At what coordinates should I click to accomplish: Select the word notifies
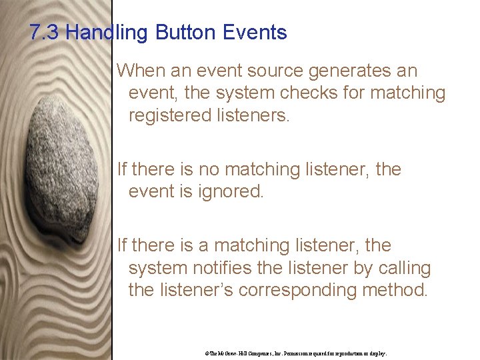pos(221,268)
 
